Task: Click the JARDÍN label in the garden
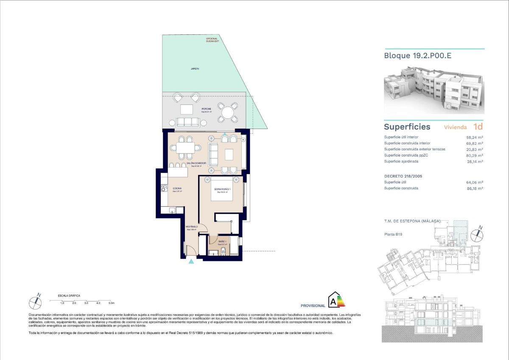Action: tap(195, 68)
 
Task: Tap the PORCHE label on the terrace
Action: tap(206, 109)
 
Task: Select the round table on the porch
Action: tap(227, 112)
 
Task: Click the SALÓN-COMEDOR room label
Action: tap(199, 163)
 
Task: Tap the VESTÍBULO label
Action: tap(192, 227)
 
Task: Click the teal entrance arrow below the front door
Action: tap(191, 262)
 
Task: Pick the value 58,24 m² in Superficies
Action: tap(475, 137)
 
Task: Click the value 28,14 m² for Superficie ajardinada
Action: tap(475, 161)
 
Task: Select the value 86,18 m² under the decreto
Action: tap(475, 188)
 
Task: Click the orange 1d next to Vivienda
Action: tap(478, 127)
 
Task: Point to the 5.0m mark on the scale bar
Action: tap(112, 303)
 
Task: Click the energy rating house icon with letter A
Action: tap(335, 300)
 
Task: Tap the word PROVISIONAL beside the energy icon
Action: tap(313, 306)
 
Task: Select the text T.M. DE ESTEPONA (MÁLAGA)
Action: tap(412, 221)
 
